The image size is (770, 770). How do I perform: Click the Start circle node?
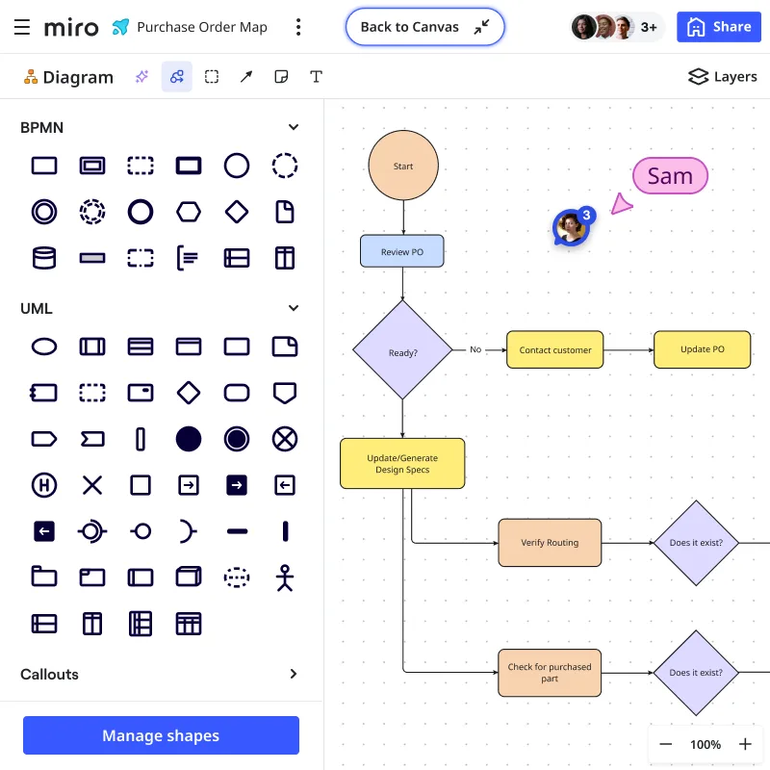click(x=403, y=166)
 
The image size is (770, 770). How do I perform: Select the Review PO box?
click(x=401, y=251)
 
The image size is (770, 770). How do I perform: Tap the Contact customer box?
click(x=555, y=349)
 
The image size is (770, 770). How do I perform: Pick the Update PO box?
click(x=702, y=349)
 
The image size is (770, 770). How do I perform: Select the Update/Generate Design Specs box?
click(x=402, y=463)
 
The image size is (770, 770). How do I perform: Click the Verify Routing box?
click(x=550, y=542)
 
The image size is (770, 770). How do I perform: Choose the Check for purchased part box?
click(x=550, y=672)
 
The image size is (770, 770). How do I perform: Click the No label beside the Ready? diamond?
click(x=475, y=349)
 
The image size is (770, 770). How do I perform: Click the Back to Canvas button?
click(x=424, y=27)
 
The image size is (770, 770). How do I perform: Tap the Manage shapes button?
click(x=161, y=735)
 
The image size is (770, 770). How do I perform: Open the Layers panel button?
click(x=723, y=77)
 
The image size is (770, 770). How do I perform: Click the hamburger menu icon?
click(x=22, y=27)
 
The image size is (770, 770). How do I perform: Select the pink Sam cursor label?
click(x=670, y=176)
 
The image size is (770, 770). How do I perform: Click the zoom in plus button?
click(x=745, y=744)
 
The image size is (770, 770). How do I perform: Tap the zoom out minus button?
click(x=666, y=744)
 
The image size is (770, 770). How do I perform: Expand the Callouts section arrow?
click(x=294, y=674)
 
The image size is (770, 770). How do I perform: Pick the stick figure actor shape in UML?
click(x=284, y=577)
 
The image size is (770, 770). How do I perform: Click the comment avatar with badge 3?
click(x=571, y=227)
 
